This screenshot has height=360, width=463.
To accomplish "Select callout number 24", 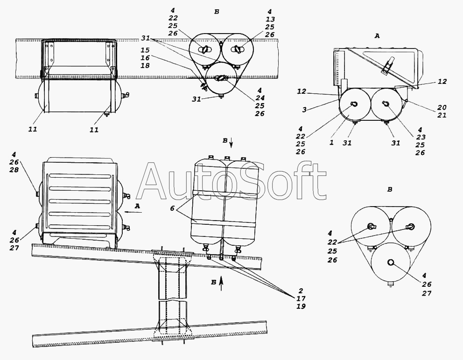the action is coord(260,98).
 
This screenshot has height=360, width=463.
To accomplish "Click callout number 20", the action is coord(442,107).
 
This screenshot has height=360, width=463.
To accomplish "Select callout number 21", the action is coord(442,115).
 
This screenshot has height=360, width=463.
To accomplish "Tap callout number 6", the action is coord(172,208).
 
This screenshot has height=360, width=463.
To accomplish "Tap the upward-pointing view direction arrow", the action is coord(221,283).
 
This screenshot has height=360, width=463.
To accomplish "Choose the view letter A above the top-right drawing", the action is coord(377,36).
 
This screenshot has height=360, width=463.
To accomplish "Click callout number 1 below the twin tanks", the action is coord(331,143).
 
